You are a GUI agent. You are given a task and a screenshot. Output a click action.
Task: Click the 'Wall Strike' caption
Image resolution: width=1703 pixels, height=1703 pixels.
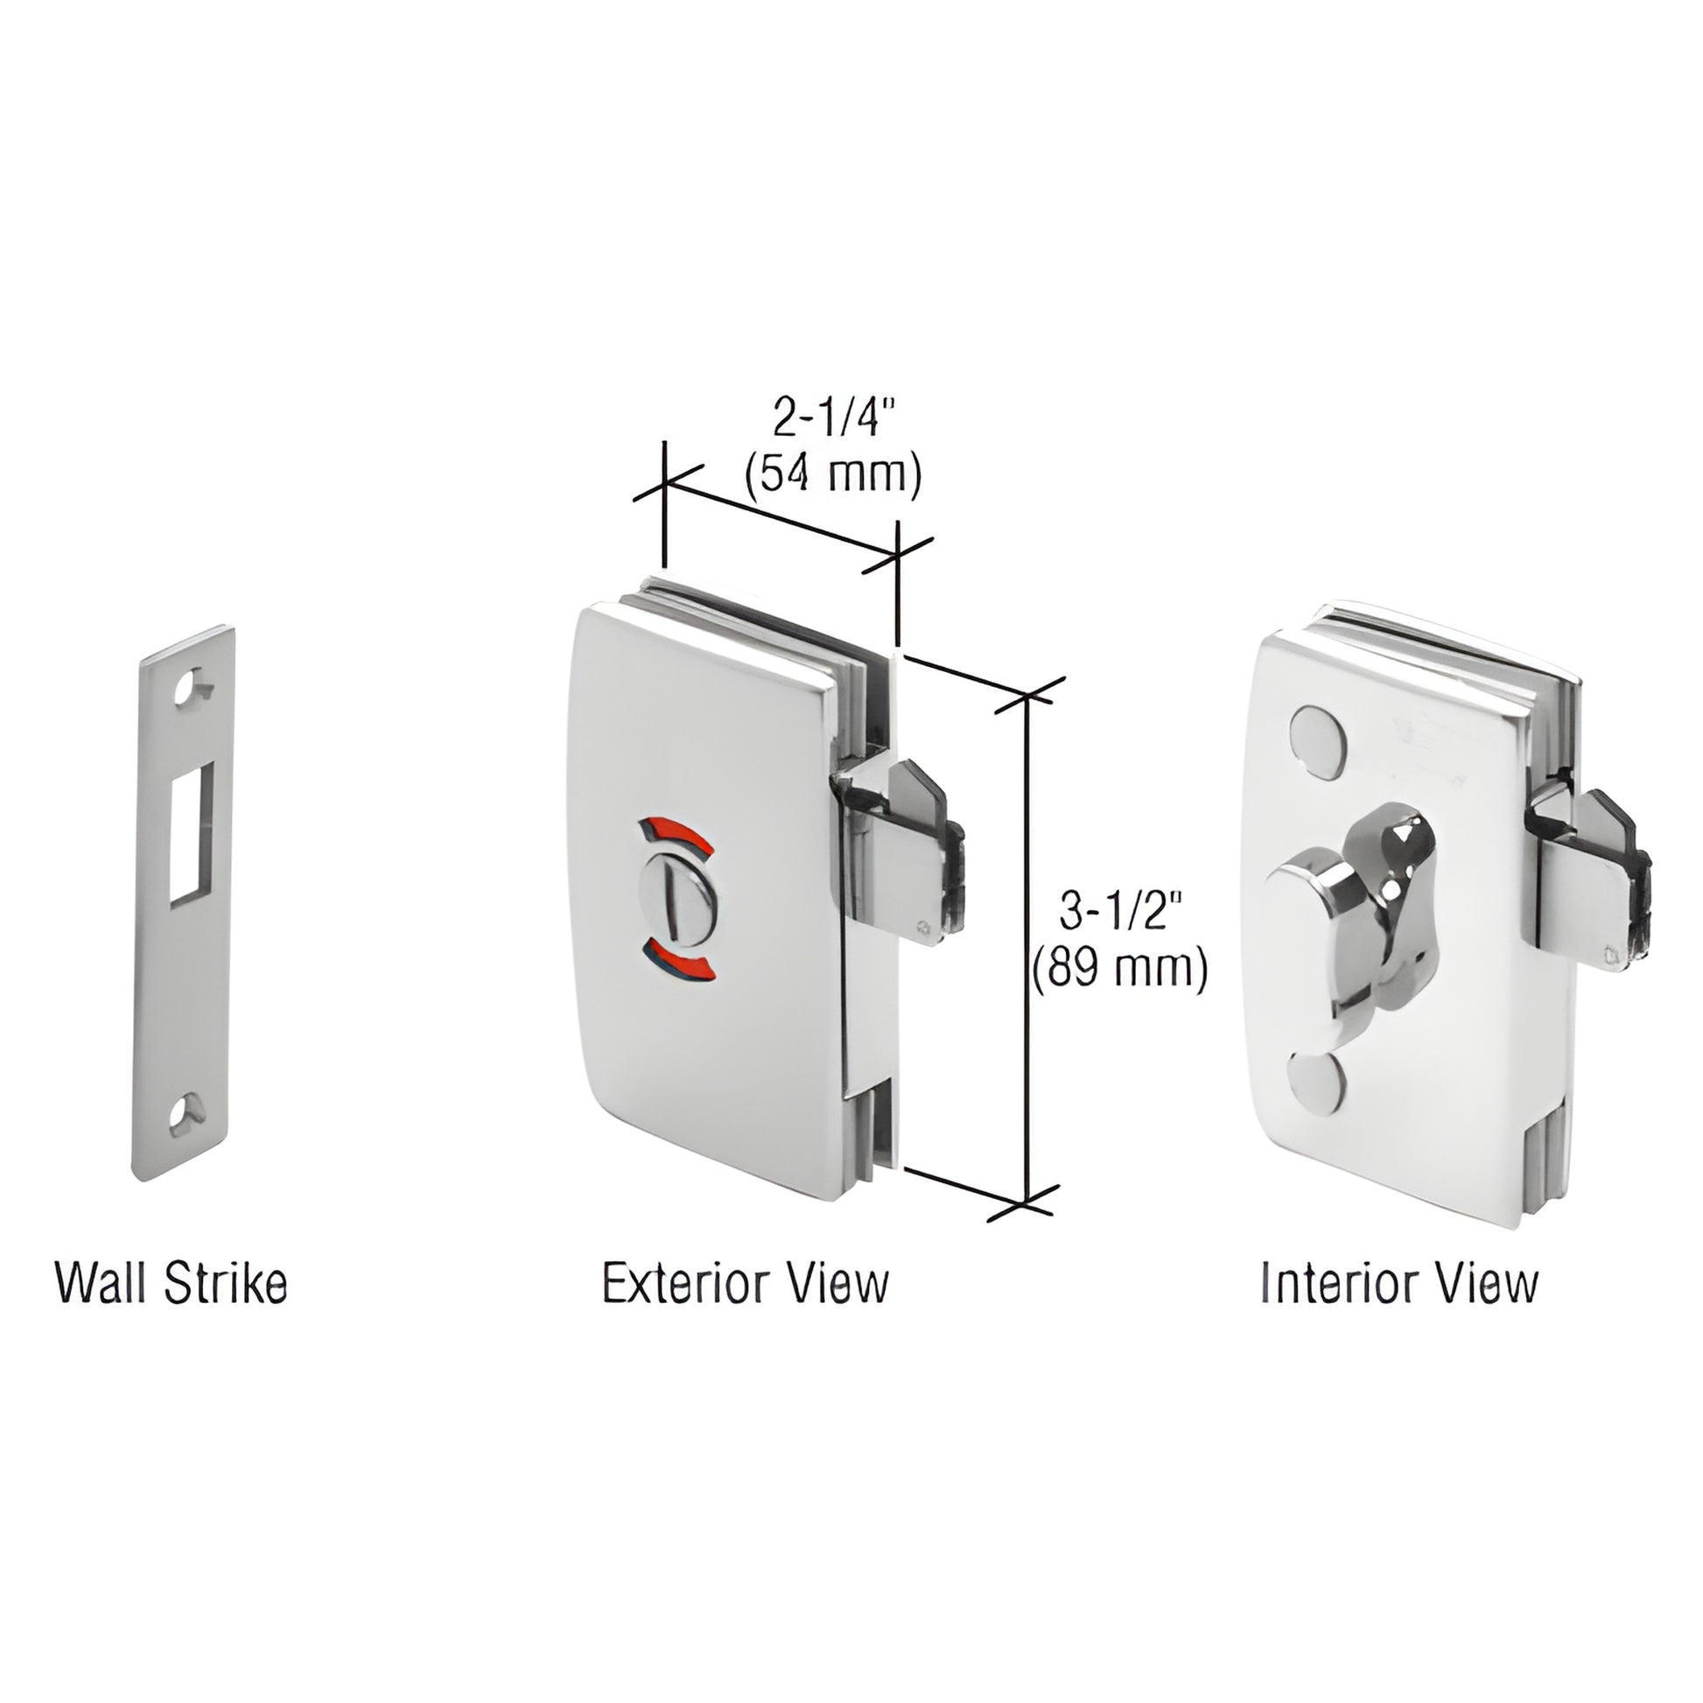171,1285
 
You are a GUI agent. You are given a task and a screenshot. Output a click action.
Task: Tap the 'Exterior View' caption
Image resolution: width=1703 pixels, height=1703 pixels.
746,1285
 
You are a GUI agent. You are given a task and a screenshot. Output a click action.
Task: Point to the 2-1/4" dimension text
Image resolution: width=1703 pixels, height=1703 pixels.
828,418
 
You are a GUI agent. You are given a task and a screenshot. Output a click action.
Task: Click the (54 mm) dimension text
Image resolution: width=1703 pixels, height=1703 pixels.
833,476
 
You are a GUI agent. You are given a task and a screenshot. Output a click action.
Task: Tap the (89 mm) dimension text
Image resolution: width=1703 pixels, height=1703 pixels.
1119,969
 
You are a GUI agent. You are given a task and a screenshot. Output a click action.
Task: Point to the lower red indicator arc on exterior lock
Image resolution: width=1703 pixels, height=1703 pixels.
678,961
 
